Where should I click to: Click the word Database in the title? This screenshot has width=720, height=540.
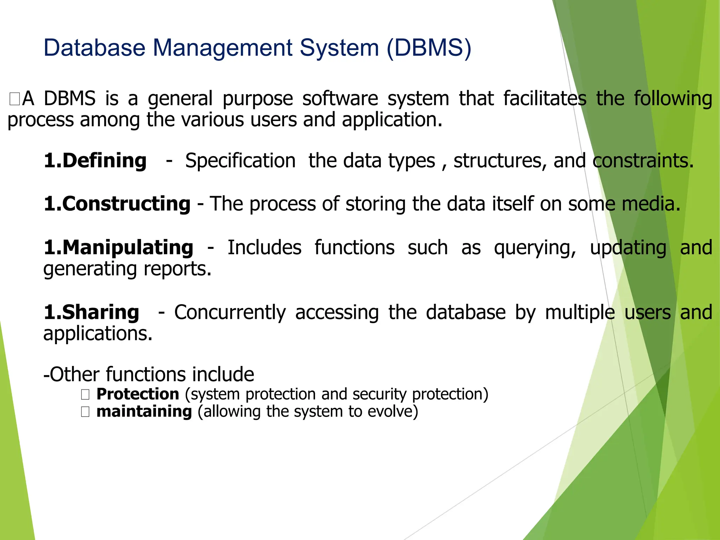coord(94,48)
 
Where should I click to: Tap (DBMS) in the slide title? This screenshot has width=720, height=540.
coord(429,48)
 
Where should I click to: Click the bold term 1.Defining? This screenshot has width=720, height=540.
coord(95,161)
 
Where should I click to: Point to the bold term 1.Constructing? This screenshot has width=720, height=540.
coord(117,204)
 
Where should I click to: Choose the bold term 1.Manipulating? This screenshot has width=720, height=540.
coord(118,248)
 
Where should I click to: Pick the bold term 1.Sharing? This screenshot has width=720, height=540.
coord(91,313)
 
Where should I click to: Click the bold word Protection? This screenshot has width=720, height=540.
coord(138,394)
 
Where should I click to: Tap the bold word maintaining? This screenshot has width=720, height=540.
coord(144,412)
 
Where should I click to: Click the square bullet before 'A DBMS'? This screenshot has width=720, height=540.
coord(14,99)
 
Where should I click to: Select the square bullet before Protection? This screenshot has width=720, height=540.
coord(85,395)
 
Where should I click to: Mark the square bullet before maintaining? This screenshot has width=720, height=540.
coord(85,412)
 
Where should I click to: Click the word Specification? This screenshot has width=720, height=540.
coord(240,161)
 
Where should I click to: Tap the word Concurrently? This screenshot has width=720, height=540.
coord(230,313)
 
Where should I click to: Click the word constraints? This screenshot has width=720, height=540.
coord(643,161)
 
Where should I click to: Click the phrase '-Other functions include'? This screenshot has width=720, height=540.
coord(148,374)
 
